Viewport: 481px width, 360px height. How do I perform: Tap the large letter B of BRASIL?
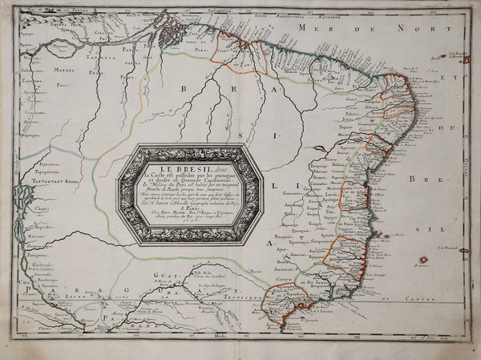pyautogui.click(x=185, y=90)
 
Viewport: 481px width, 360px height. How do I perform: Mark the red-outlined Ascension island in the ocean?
pyautogui.click(x=419, y=261)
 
